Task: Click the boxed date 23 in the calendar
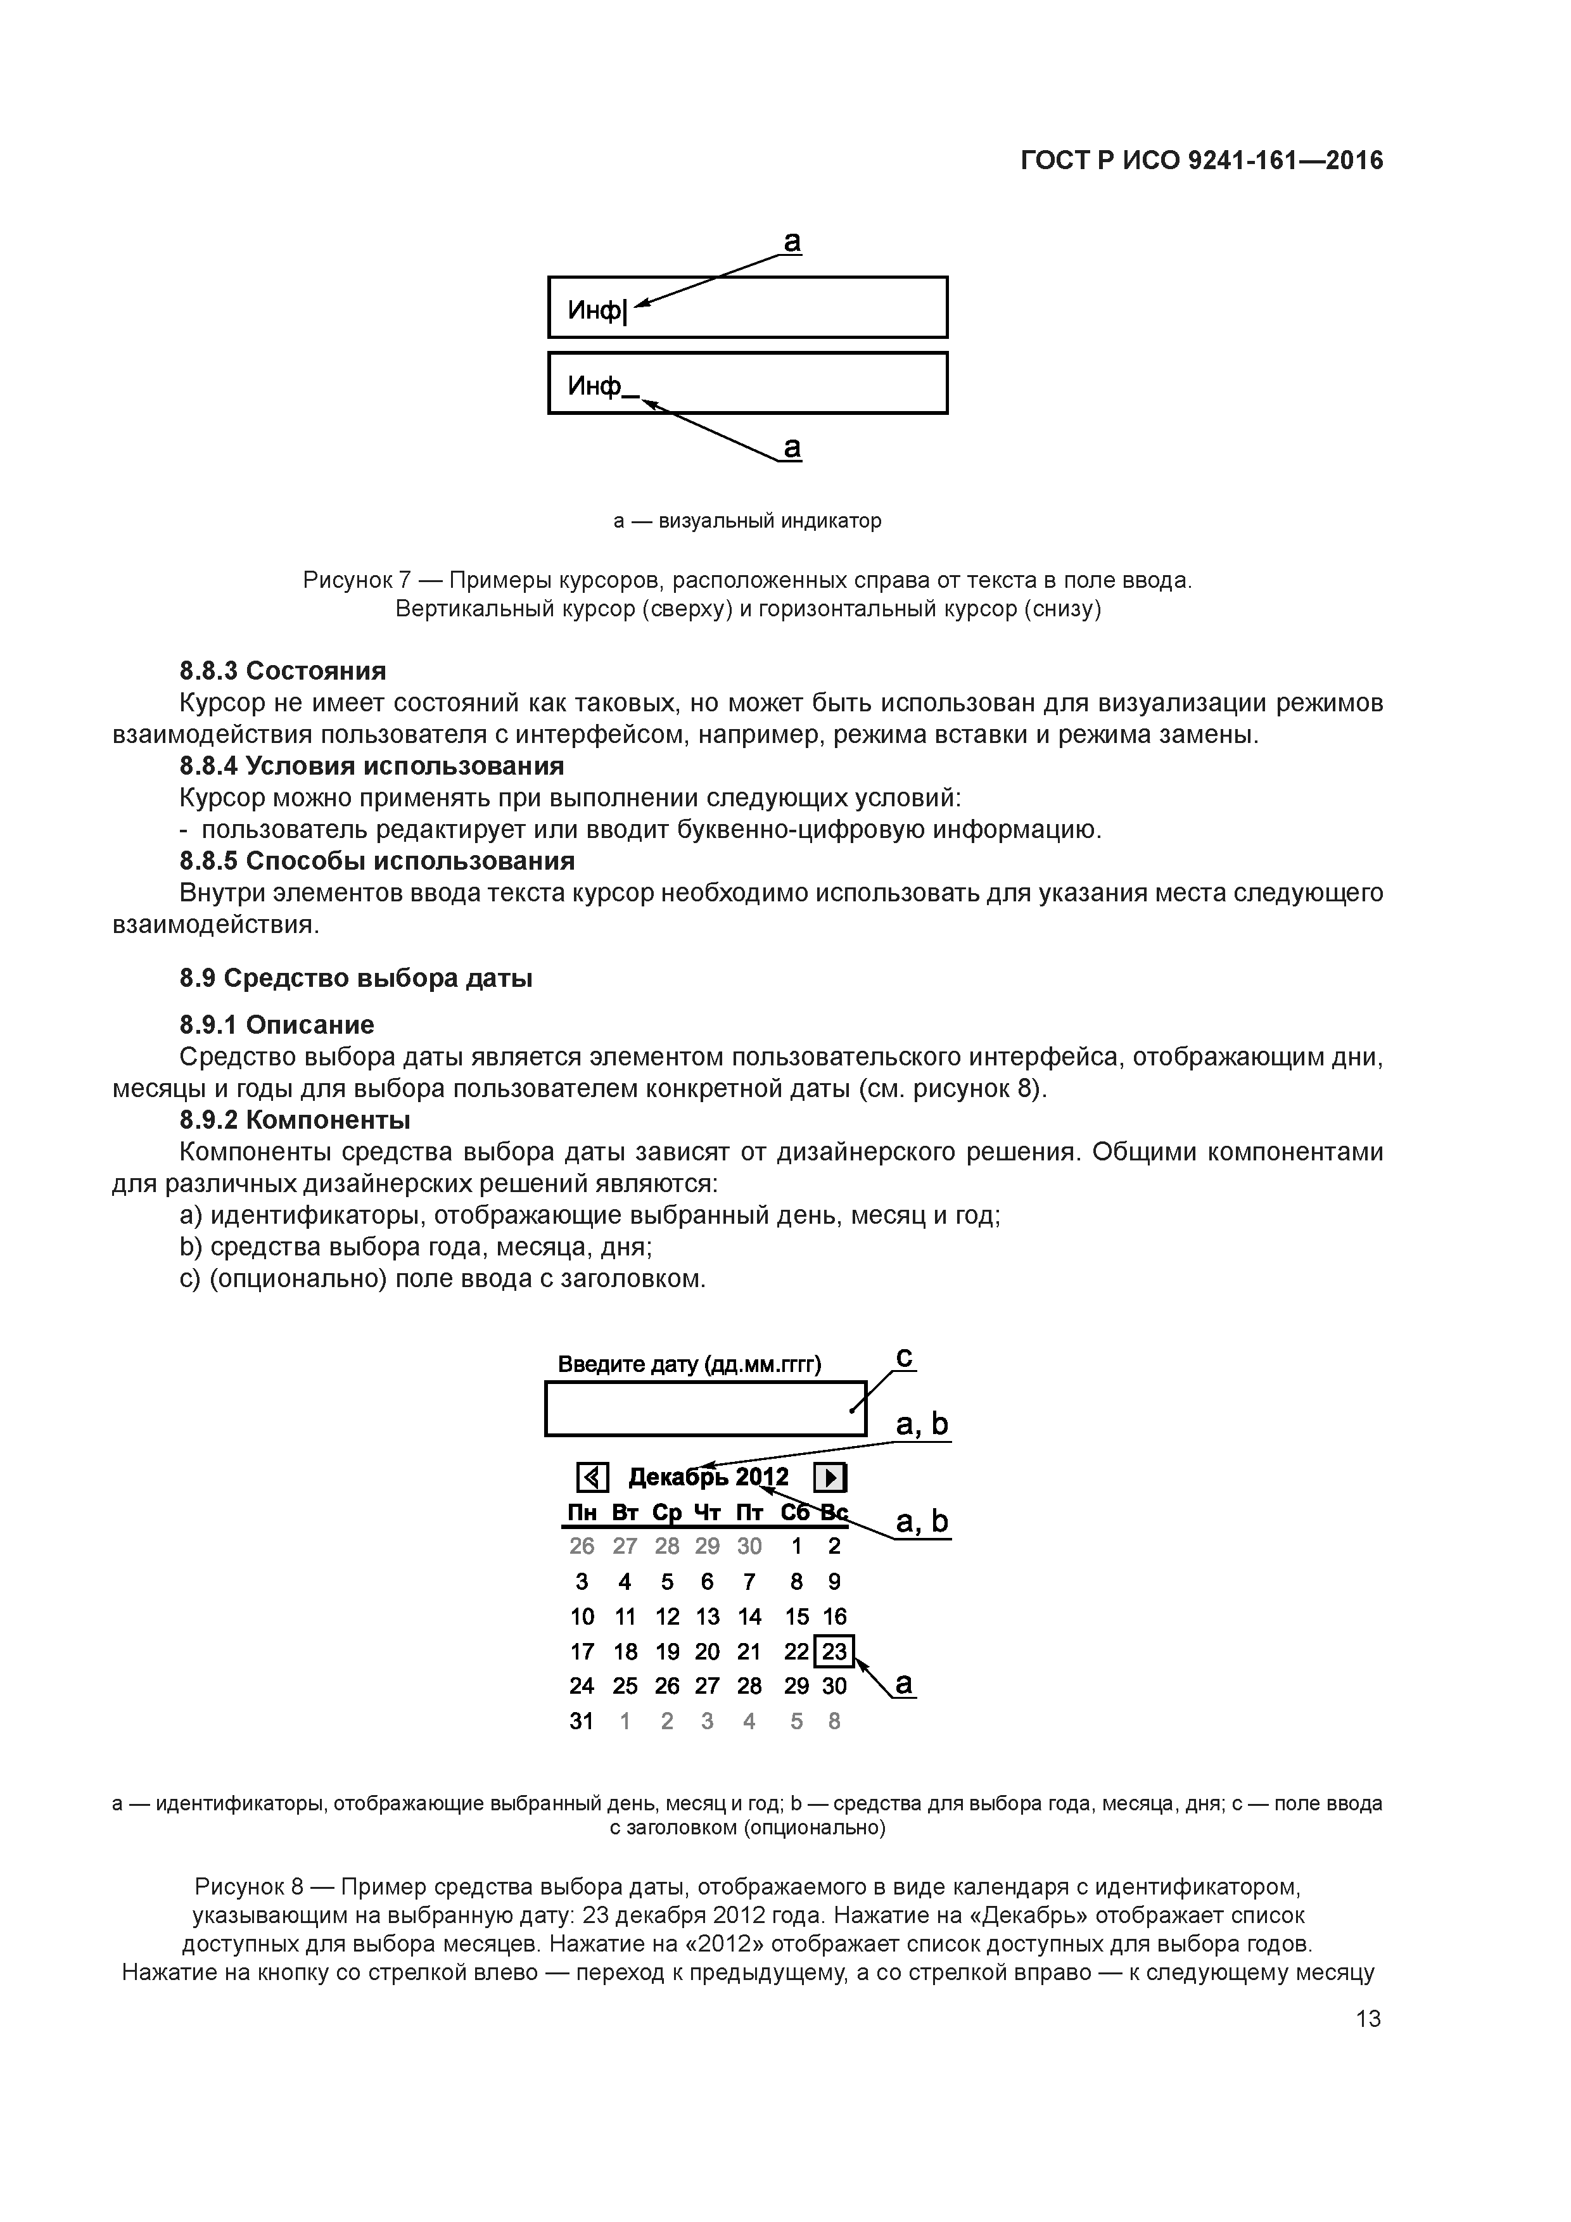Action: click(x=834, y=1651)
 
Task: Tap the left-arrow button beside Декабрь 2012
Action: click(x=592, y=1478)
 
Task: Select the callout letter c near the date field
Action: click(x=904, y=1358)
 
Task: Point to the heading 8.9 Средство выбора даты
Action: click(x=356, y=979)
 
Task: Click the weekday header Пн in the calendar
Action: click(x=582, y=1513)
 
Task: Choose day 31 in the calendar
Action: click(x=582, y=1722)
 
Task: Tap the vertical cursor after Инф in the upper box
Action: click(x=625, y=312)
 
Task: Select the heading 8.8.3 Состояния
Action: click(x=283, y=671)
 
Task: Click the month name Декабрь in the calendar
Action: click(x=678, y=1478)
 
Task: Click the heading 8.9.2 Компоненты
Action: click(x=295, y=1120)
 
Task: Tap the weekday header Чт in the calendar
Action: click(x=708, y=1513)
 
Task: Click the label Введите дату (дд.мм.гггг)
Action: click(x=689, y=1364)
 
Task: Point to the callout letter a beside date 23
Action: click(x=903, y=1685)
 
